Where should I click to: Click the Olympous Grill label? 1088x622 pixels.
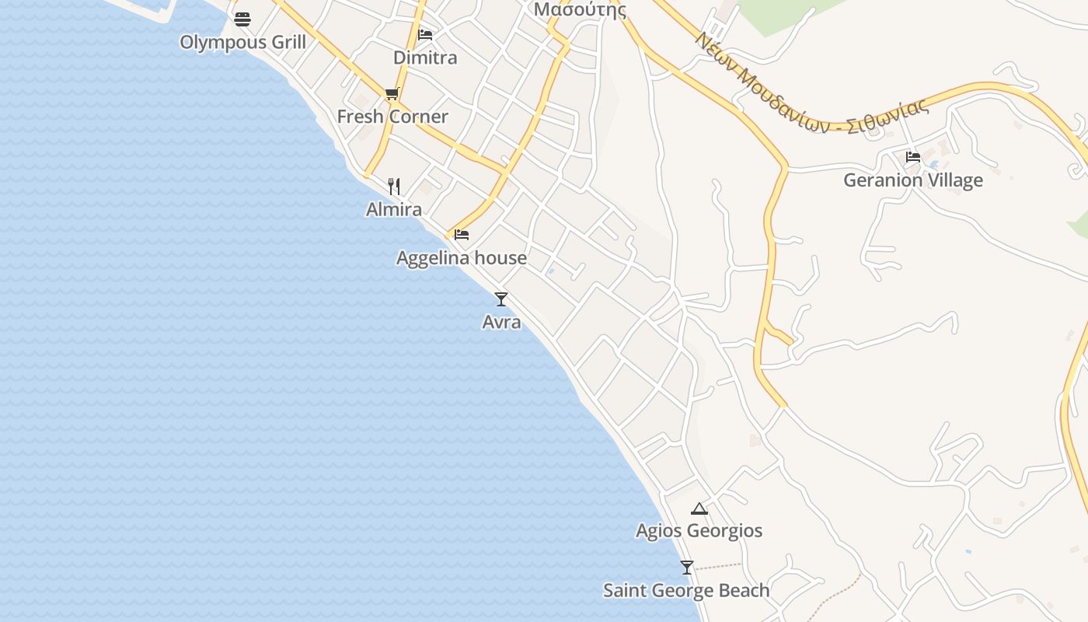tap(242, 42)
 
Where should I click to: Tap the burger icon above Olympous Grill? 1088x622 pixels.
tap(242, 19)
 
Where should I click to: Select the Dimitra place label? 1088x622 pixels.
tap(425, 58)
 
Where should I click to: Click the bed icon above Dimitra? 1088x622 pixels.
tap(425, 35)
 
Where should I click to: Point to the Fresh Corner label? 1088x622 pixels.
tap(392, 117)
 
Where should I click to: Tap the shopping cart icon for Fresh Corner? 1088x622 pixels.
tap(392, 94)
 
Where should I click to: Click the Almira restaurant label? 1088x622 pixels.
tap(394, 209)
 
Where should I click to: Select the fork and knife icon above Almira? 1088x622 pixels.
tap(394, 187)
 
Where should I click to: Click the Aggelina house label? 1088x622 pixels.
tap(462, 258)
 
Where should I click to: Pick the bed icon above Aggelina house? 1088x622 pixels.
tap(462, 234)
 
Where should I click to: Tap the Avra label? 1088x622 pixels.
tap(501, 321)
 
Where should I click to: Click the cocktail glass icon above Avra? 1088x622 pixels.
tap(501, 299)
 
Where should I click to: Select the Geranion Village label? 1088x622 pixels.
tap(913, 180)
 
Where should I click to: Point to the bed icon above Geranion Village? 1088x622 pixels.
tap(913, 157)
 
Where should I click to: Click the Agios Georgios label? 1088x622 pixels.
tap(699, 531)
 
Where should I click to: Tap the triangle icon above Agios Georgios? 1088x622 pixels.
tap(699, 509)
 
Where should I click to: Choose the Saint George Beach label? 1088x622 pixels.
tap(686, 591)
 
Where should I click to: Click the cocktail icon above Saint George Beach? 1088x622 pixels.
tap(686, 568)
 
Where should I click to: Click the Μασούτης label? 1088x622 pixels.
tap(580, 10)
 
